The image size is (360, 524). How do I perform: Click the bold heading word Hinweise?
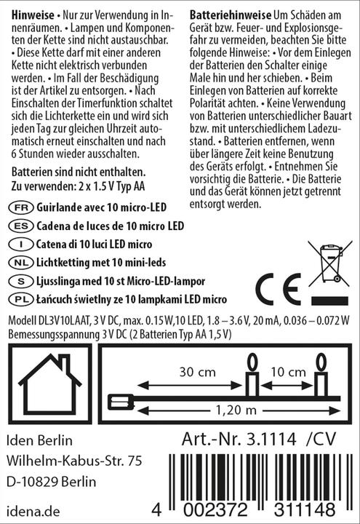(x=29, y=15)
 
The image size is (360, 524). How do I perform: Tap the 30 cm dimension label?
(x=196, y=371)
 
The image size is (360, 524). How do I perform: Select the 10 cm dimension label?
(x=286, y=371)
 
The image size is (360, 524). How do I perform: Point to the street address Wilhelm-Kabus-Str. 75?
(x=73, y=461)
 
